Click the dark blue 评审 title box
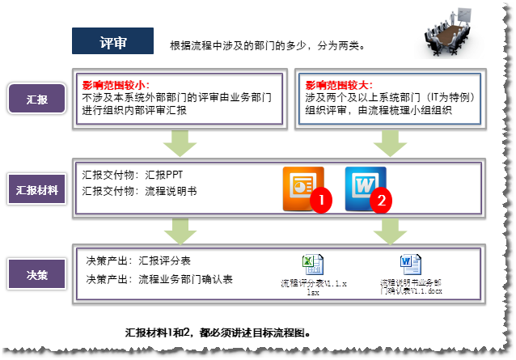(112, 41)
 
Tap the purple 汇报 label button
(36, 100)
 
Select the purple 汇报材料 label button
(36, 191)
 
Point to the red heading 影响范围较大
(339, 85)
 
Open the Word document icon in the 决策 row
(408, 264)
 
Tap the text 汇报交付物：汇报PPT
(137, 174)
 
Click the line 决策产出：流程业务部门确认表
(159, 279)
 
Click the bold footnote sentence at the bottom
(218, 332)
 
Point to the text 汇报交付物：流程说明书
(140, 192)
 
